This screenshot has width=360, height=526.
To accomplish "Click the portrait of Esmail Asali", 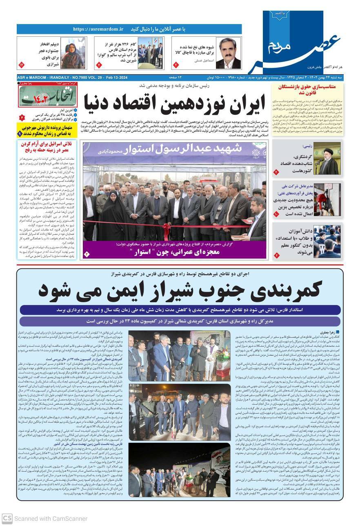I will point(228,53).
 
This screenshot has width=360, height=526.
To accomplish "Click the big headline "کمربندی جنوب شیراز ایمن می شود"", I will point(180,290).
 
